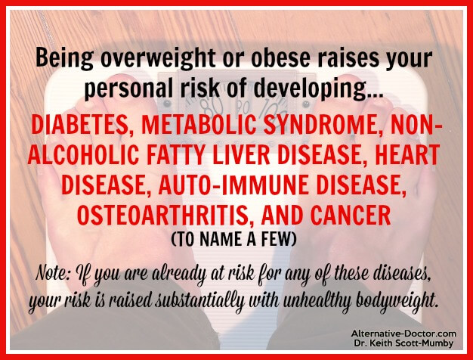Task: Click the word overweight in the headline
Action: [x=158, y=58]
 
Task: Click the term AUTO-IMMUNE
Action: [x=233, y=185]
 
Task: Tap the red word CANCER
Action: [x=351, y=215]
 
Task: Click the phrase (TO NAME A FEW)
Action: [x=233, y=240]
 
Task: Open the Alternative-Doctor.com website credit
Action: [x=403, y=334]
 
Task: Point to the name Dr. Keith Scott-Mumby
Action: [x=403, y=343]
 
